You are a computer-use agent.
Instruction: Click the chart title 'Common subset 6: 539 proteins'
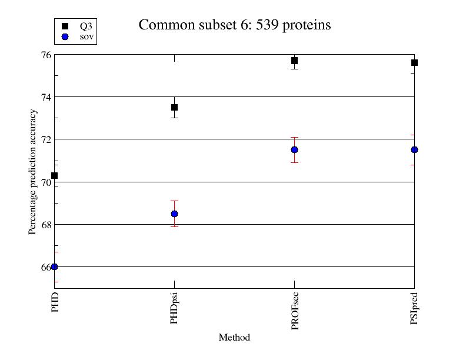point(234,25)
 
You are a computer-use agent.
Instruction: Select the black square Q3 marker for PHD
point(55,175)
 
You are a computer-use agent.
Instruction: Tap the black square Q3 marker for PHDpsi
point(174,107)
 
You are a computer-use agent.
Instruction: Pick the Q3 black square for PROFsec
point(294,61)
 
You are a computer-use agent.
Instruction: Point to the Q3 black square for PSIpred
point(414,62)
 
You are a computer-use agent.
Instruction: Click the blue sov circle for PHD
point(55,266)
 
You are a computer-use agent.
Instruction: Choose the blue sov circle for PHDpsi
point(174,214)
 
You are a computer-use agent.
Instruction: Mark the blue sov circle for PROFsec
point(294,149)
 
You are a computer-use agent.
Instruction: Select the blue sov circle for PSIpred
point(414,149)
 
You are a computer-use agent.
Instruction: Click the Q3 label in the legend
point(86,26)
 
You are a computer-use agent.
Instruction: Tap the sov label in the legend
point(86,36)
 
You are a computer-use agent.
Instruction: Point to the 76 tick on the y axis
point(45,55)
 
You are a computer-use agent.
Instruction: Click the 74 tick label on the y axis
point(45,97)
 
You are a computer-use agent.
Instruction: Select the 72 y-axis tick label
point(45,139)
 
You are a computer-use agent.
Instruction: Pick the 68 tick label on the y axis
point(45,225)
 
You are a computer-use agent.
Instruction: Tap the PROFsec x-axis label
point(295,311)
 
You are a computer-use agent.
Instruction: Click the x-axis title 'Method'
point(234,338)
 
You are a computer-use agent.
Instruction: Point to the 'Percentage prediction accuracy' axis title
point(32,171)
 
